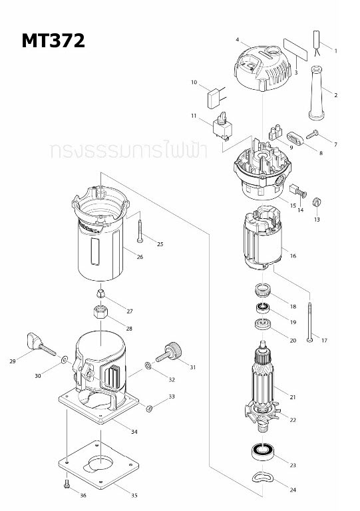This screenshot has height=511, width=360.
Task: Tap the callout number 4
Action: pos(237,41)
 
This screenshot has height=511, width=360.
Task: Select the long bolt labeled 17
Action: pos(311,320)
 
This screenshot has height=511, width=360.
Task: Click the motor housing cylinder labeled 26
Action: pos(99,240)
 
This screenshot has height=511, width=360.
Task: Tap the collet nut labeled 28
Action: pos(100,311)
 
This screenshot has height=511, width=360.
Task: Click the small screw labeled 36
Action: pos(67,484)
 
